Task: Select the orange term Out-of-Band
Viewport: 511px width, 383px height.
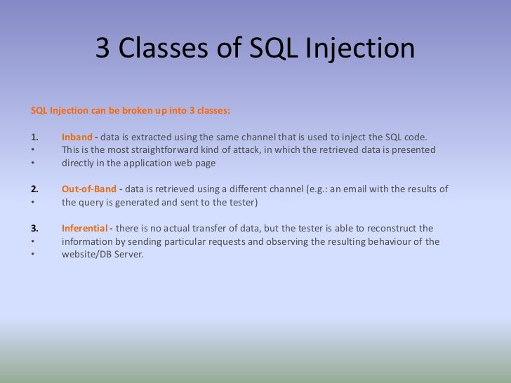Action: click(89, 189)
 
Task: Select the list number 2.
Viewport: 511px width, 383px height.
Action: click(35, 189)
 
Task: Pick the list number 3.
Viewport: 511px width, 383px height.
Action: click(35, 229)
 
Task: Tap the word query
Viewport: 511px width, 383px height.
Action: click(92, 203)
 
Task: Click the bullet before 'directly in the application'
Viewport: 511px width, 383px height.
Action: click(34, 163)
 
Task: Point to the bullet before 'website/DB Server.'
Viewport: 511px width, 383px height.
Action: click(34, 255)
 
